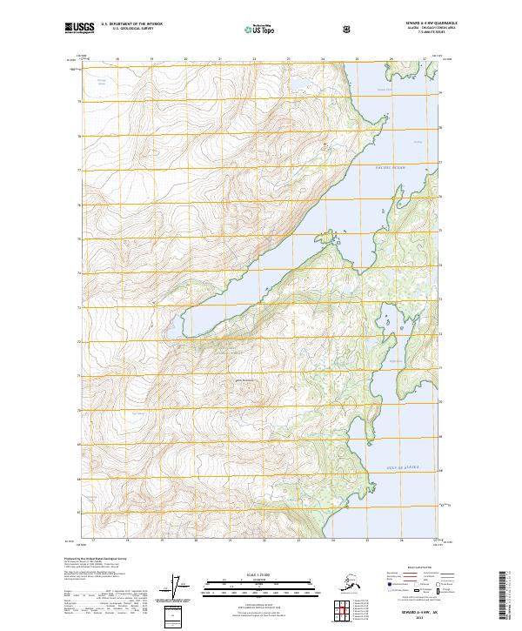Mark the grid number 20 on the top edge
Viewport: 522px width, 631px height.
[185, 60]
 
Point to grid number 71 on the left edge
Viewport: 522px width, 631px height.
[79, 376]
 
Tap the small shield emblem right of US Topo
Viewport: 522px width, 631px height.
[348, 30]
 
